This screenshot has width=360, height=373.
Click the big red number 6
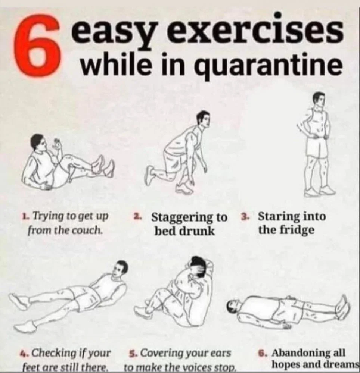37,45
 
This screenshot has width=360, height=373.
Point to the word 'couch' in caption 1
89,230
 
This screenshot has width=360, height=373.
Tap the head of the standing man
319,100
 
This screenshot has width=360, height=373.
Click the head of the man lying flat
234,306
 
